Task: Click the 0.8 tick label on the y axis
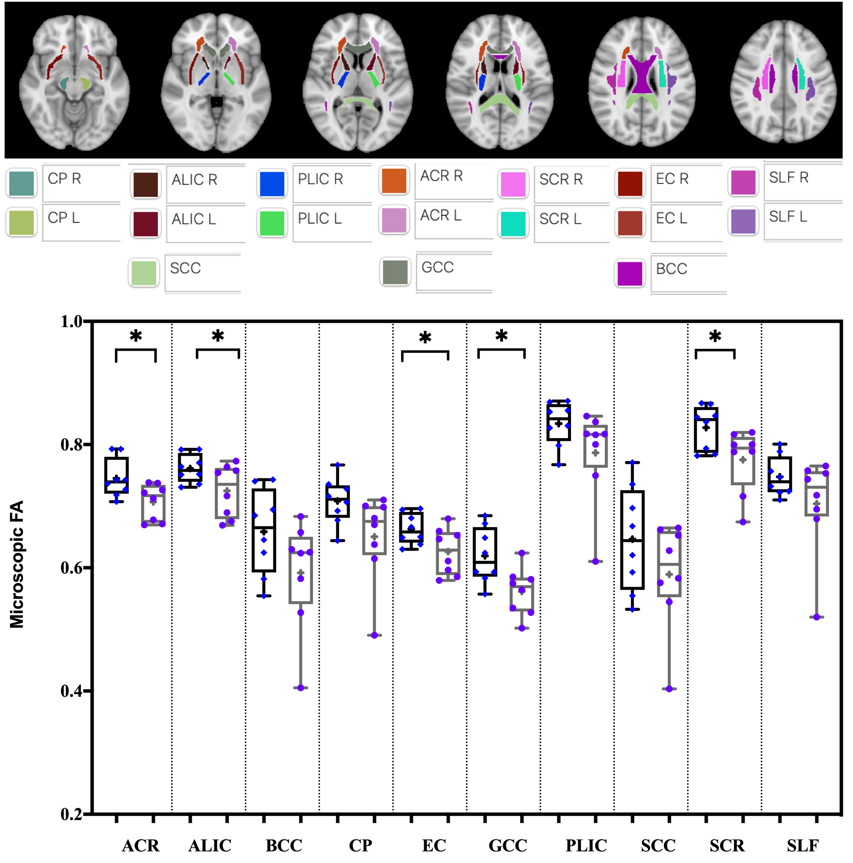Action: [72, 444]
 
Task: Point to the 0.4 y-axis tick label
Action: [72, 691]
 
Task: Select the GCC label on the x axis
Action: [507, 845]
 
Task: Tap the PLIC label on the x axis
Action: [585, 845]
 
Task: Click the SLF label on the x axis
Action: [803, 845]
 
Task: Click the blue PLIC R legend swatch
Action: [272, 184]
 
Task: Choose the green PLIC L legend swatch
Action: [272, 223]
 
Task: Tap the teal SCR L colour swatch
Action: [513, 224]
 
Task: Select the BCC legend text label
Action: [671, 269]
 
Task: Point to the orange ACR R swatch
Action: [394, 180]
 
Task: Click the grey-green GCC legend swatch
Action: [395, 272]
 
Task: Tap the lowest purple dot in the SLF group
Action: [816, 617]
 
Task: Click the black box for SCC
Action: [632, 539]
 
